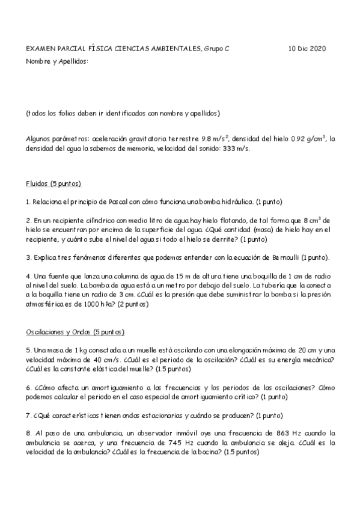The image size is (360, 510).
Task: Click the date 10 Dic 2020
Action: tap(307, 49)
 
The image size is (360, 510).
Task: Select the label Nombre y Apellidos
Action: tap(57, 61)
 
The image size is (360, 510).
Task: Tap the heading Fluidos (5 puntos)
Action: tap(53, 183)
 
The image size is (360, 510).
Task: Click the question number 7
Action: tap(28, 415)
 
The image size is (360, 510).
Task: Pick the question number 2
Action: tap(28, 220)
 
